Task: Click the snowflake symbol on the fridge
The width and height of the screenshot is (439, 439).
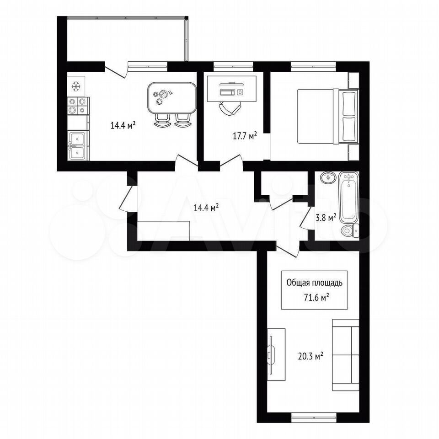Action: point(76,86)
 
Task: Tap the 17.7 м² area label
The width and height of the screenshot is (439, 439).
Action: point(245,136)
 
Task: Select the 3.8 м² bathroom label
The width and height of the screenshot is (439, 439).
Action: point(326,218)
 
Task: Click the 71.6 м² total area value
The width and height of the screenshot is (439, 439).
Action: point(316,297)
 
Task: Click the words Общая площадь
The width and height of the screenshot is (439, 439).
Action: point(315,283)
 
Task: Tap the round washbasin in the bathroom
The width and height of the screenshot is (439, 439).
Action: point(328,177)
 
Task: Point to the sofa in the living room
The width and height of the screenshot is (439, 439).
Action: point(346,355)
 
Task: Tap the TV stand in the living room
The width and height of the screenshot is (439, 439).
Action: point(276,354)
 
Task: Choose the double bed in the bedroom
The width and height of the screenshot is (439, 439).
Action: point(327,116)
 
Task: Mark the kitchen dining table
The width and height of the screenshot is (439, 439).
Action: point(172,97)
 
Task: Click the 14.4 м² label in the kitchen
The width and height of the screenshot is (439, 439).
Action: point(123,125)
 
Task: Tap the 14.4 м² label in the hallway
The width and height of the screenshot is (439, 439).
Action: point(206,208)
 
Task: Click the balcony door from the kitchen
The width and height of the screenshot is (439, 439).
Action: point(116,71)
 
